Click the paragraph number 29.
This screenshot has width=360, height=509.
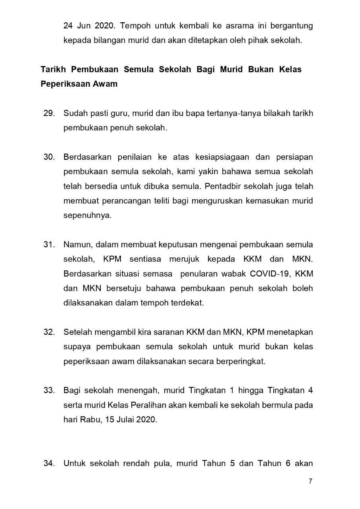pos(49,113)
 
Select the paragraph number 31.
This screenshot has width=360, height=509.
pos(49,244)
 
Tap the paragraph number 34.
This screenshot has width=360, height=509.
pos(49,463)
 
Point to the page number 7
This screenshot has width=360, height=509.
pos(310,482)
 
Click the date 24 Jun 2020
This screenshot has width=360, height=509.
pos(88,26)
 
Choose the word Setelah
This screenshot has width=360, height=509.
pos(78,332)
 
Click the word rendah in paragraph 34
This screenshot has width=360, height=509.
pos(148,463)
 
